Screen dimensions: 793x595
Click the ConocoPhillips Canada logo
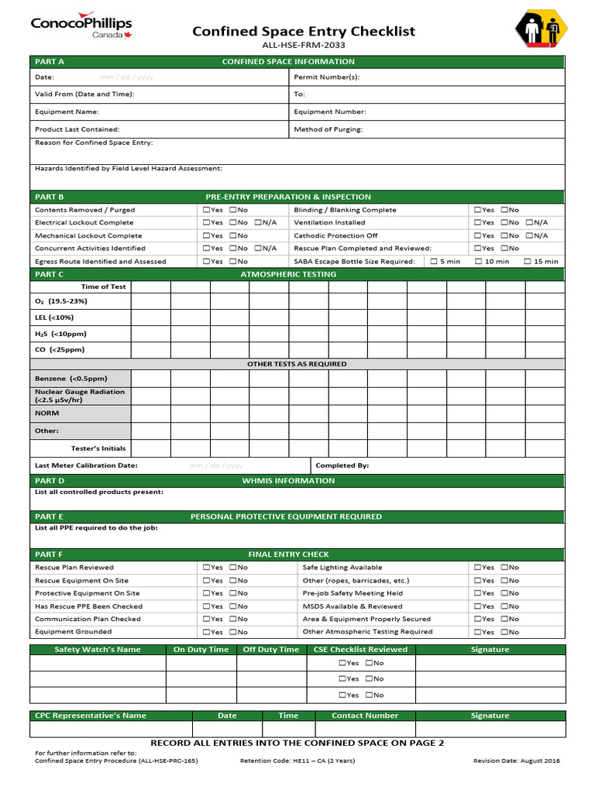(81, 28)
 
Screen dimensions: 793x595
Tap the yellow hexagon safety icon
(541, 32)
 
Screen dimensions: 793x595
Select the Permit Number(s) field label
(326, 77)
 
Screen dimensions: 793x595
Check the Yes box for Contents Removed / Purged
(207, 210)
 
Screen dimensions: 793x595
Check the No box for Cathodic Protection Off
(504, 235)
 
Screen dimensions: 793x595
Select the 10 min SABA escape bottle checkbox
(479, 262)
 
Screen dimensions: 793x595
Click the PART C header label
(50, 274)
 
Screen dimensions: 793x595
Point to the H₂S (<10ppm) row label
(60, 334)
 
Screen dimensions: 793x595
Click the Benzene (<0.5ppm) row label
(71, 379)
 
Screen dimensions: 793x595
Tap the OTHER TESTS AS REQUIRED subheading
(297, 364)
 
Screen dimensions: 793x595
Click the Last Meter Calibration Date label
(86, 465)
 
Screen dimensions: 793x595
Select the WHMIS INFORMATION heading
(288, 481)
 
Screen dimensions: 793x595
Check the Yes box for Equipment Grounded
(207, 632)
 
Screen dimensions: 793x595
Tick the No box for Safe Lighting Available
(504, 568)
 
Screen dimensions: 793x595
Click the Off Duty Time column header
(270, 650)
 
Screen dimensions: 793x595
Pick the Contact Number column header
(365, 716)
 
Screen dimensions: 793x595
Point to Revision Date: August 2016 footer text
(516, 760)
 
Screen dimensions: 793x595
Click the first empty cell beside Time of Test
(150, 287)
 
